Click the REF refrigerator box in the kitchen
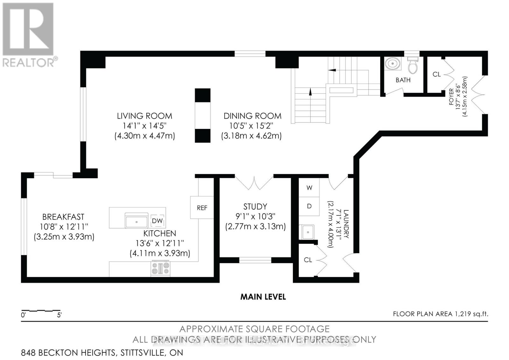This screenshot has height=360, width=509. tap(202, 208)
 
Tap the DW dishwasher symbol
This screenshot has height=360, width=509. tap(157, 221)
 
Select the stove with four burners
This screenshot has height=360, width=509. tap(160, 268)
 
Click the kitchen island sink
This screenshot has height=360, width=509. tap(136, 221)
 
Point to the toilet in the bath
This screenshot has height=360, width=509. tap(413, 66)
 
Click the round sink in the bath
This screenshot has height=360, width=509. tap(392, 64)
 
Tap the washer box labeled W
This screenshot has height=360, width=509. tap(309, 187)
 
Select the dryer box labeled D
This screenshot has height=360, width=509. tap(309, 206)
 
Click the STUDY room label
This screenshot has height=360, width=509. tap(255, 206)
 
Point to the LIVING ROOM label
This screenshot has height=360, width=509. tap(144, 116)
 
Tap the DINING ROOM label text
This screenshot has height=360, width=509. tap(252, 116)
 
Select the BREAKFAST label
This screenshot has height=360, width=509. tap(63, 217)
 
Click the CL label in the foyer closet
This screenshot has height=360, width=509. tap(436, 74)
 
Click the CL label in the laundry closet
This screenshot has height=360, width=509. tap(308, 260)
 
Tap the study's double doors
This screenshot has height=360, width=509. tap(254, 182)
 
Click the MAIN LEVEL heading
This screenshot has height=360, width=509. tap(263, 297)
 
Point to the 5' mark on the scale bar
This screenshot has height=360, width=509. tap(59, 315)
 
